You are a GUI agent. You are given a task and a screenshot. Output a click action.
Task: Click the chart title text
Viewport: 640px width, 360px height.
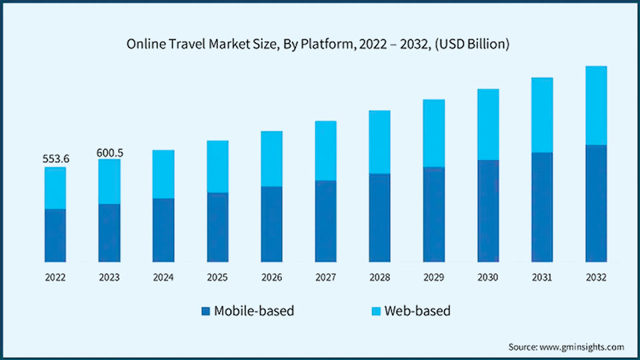(x=319, y=45)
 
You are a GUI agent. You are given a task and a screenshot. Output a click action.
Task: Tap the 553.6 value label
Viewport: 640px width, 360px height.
(x=57, y=159)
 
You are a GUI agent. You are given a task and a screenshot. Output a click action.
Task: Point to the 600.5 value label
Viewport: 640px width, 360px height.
(x=110, y=153)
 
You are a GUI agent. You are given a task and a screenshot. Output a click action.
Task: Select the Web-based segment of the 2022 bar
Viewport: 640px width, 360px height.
(x=55, y=188)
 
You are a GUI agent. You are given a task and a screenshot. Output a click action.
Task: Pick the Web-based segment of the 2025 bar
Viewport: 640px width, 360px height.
(x=217, y=167)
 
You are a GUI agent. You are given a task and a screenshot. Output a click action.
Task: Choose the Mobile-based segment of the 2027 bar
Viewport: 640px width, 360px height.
(x=325, y=221)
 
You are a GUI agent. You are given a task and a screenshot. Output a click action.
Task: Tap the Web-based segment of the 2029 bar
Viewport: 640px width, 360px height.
(x=433, y=133)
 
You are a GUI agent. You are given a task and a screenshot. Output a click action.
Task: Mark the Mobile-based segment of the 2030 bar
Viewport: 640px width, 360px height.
(x=487, y=210)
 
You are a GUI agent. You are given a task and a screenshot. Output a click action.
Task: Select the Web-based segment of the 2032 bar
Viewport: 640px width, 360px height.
(x=596, y=105)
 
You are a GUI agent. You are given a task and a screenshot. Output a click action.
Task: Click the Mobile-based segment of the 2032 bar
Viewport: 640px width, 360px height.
(x=596, y=203)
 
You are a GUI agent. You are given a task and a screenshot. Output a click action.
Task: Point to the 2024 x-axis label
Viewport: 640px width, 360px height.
(x=163, y=277)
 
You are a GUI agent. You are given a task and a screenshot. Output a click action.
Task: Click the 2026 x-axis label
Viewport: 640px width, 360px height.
(x=271, y=277)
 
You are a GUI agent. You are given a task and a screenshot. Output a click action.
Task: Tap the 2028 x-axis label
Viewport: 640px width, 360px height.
(x=379, y=277)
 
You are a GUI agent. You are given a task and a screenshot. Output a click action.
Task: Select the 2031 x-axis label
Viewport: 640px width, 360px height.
(x=541, y=277)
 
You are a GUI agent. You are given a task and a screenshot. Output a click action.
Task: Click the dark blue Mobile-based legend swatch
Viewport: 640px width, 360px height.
(x=205, y=311)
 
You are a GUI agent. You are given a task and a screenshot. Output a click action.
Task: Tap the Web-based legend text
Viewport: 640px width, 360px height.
(x=415, y=311)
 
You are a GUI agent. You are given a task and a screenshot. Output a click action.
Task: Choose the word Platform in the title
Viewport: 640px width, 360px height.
(x=316, y=45)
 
